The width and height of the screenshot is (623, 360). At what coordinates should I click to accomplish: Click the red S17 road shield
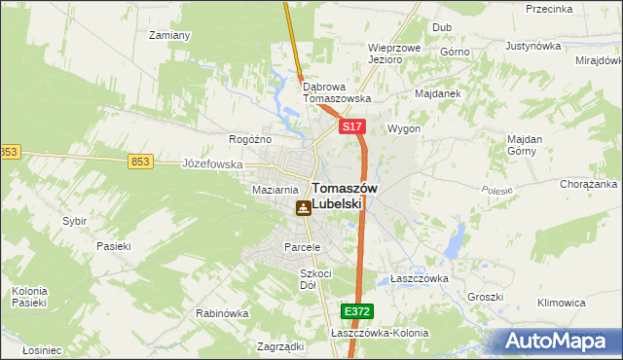[x=352, y=127]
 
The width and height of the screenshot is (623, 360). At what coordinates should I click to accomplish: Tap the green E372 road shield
[x=355, y=310]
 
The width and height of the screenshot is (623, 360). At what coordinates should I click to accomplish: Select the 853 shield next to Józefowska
[x=140, y=162]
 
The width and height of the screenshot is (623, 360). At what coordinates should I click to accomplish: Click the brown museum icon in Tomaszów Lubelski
[x=304, y=207]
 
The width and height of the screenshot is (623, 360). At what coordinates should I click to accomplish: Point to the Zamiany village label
[x=168, y=35]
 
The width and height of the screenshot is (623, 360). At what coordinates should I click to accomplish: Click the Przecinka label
[x=548, y=9]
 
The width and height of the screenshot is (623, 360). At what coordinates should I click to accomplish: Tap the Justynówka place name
[x=535, y=46]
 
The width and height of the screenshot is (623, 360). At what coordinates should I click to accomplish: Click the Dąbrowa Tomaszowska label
[x=337, y=91]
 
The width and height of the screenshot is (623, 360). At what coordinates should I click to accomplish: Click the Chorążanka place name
[x=589, y=184]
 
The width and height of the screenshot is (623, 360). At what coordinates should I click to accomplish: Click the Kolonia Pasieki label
[x=29, y=296]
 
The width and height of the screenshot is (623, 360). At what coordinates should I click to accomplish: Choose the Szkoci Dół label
[x=315, y=279]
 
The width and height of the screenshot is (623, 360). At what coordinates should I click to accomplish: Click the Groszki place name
[x=484, y=297]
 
